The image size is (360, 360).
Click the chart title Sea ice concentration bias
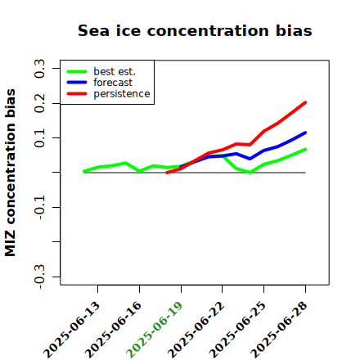tap(195, 30)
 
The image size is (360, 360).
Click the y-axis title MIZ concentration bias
tap(11, 173)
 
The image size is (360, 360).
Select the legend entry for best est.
tap(115, 71)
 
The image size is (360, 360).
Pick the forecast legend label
tap(113, 83)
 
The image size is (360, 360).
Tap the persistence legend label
tap(122, 94)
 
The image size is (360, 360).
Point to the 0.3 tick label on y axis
tap(39, 69)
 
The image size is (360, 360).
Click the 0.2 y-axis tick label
tap(39, 103)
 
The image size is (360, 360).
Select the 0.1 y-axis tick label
tap(39, 138)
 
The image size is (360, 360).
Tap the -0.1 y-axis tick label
tap(39, 207)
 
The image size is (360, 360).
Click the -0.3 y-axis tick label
tap(39, 277)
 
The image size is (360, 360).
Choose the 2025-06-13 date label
tap(71, 330)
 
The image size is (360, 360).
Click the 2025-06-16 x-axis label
tap(113, 330)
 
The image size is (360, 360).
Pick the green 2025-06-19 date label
tap(155, 330)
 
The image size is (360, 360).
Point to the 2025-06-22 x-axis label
tap(196, 330)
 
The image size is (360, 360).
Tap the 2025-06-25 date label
tap(237, 330)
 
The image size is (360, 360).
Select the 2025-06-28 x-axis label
tap(279, 330)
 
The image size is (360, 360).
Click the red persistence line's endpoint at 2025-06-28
tap(305, 102)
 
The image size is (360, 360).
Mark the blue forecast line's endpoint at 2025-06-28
tap(305, 133)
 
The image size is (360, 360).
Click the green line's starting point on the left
tap(84, 171)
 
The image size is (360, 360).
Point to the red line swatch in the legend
tap(77, 94)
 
